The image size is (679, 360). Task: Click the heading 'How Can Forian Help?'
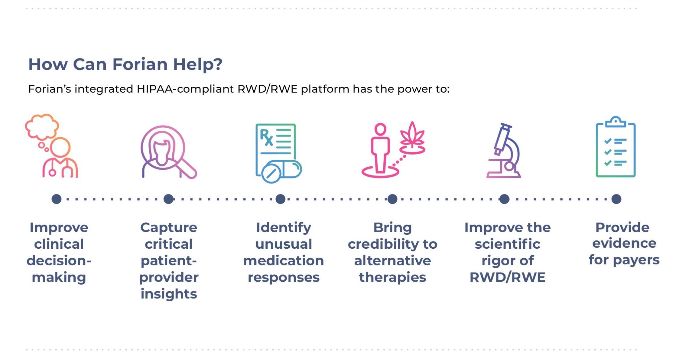click(x=125, y=64)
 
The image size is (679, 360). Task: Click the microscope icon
click(x=504, y=150)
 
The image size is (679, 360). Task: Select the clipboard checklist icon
click(x=616, y=147)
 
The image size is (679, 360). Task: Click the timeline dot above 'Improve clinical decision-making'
click(x=57, y=199)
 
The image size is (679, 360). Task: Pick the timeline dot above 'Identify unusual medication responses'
click(x=281, y=199)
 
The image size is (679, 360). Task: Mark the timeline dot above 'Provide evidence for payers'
click(x=616, y=199)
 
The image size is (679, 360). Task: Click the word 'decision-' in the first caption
click(x=59, y=261)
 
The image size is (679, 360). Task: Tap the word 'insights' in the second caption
click(x=169, y=294)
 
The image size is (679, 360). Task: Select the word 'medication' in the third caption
click(x=284, y=261)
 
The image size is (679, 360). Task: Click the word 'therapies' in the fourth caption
click(x=392, y=277)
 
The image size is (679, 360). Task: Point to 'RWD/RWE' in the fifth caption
click(x=508, y=277)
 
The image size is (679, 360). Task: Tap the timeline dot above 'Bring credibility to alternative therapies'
click(x=392, y=199)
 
